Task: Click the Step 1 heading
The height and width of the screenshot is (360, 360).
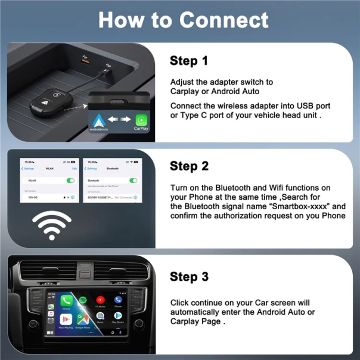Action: pyautogui.click(x=189, y=60)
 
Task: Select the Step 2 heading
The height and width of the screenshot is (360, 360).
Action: pyautogui.click(x=189, y=166)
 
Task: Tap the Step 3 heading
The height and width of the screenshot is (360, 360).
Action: pyautogui.click(x=189, y=277)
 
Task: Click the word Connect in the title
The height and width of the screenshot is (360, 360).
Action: pyautogui.click(x=224, y=20)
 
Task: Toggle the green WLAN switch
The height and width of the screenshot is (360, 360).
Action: pyautogui.click(x=70, y=180)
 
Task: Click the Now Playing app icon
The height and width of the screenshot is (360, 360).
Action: pyautogui.click(x=66, y=320)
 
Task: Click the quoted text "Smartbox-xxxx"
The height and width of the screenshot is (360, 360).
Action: pyautogui.click(x=310, y=206)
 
